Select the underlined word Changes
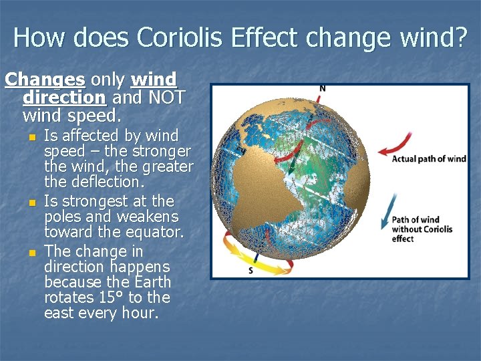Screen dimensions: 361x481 pyautogui.click(x=45, y=80)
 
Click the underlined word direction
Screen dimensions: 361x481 pyautogui.click(x=64, y=97)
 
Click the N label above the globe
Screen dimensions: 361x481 pyautogui.click(x=323, y=89)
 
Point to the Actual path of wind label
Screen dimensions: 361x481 pyautogui.click(x=428, y=159)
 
